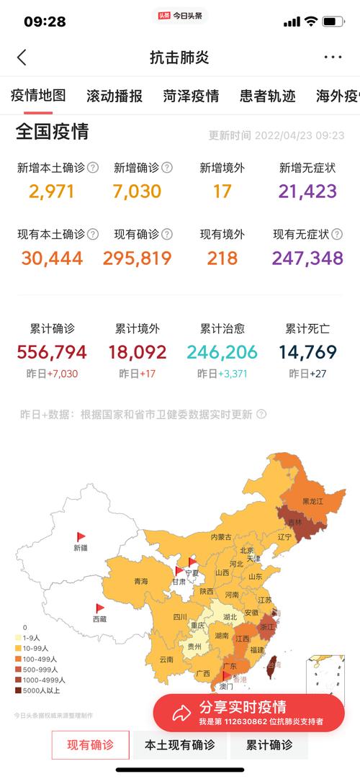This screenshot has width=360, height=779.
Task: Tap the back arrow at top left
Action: click(22, 58)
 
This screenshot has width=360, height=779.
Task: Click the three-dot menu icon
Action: click(333, 58)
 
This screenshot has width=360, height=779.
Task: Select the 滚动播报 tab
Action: click(114, 96)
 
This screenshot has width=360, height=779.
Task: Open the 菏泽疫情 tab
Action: click(191, 96)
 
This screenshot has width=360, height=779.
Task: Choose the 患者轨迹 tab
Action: click(268, 96)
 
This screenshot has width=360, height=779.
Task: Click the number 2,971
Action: click(52, 192)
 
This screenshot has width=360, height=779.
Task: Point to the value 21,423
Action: click(307, 192)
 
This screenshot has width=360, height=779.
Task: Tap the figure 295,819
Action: click(138, 258)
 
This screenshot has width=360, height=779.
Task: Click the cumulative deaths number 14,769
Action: click(307, 352)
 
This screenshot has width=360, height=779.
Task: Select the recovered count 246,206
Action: click(222, 352)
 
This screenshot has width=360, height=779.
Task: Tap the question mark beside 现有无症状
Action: click(337, 234)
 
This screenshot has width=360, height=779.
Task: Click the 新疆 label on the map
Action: click(80, 548)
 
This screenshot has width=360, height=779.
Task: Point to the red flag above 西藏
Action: click(100, 608)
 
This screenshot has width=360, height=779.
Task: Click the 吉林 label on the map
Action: click(294, 522)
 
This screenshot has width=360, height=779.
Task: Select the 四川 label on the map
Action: click(180, 617)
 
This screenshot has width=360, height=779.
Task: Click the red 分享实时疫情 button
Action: click(248, 713)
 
